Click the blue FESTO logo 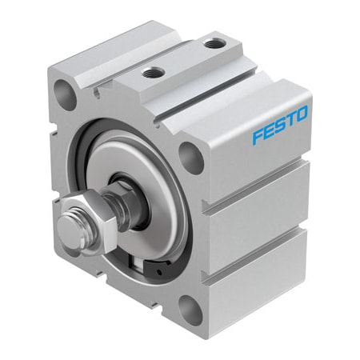coord(279,126)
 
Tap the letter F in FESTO coord(257,137)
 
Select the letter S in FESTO coord(280,126)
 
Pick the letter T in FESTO coord(290,120)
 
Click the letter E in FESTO coord(268,131)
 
